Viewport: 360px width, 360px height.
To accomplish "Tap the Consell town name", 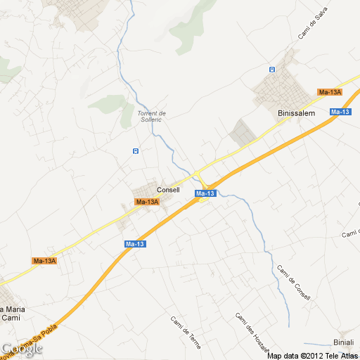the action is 168,190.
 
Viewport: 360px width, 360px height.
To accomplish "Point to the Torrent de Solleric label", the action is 150,116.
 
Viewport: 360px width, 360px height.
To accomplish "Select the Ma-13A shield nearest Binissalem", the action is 329,92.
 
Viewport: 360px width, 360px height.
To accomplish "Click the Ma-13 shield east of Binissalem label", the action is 340,112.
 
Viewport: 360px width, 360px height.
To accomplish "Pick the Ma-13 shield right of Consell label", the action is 205,193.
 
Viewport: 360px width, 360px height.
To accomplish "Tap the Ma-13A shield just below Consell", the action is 147,202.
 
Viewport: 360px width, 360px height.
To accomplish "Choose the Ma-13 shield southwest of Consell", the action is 135,243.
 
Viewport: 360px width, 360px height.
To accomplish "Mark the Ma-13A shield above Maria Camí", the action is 44,261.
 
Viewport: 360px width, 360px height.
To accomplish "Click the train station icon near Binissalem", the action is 272,69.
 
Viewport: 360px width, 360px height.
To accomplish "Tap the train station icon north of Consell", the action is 135,150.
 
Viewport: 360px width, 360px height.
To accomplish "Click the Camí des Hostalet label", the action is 252,330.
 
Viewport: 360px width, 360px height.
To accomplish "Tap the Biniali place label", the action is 344,342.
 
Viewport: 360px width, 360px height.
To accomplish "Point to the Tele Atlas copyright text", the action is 313,355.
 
